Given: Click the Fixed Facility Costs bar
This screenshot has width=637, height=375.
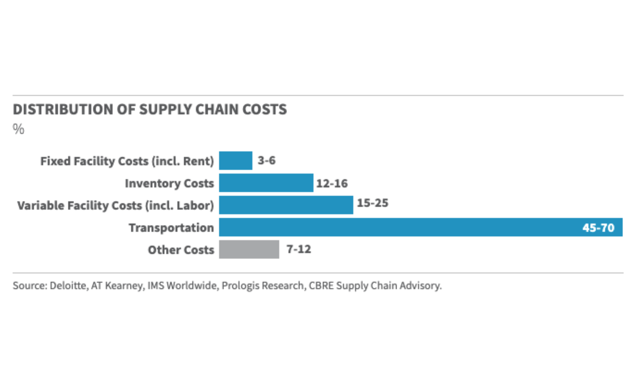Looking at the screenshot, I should click(236, 161).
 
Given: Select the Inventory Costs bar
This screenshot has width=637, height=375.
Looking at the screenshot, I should click(266, 183).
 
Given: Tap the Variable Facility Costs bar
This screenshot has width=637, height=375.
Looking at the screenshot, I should click(286, 205).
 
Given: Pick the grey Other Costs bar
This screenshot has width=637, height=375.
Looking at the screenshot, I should click(249, 249).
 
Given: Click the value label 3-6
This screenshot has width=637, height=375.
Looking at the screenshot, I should click(266, 160).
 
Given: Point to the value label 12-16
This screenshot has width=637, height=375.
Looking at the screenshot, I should click(332, 183).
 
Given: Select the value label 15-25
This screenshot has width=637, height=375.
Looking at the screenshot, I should click(373, 203).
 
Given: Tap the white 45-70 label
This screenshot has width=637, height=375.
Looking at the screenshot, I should click(598, 228).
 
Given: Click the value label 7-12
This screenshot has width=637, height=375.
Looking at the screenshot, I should click(299, 249).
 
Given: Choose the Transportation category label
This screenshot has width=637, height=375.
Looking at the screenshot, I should click(171, 228).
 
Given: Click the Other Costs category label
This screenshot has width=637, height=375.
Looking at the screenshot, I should click(181, 250).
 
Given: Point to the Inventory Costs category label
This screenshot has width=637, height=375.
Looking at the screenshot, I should click(169, 183).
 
